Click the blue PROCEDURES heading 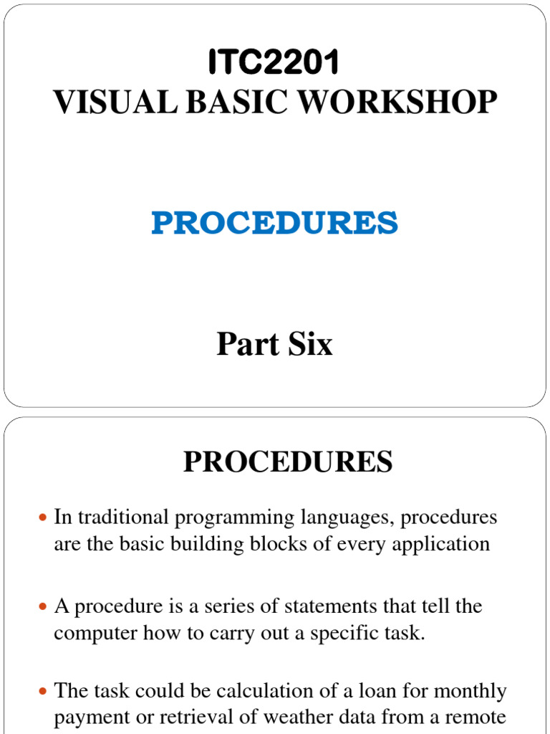(x=274, y=224)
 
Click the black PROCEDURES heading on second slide (x=288, y=462)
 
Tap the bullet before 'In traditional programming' (x=42, y=518)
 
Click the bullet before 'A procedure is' (x=42, y=607)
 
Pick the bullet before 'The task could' (x=42, y=692)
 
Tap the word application (x=438, y=543)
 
